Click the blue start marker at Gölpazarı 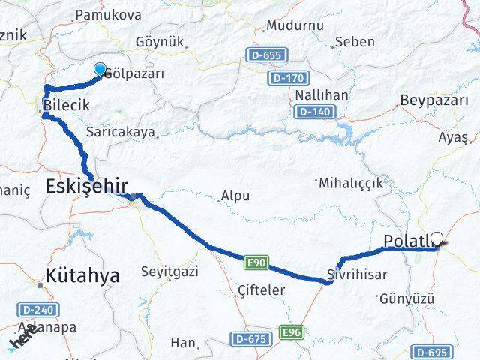(100, 70)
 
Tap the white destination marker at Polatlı (436, 240)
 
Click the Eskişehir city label (87, 187)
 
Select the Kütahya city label (82, 275)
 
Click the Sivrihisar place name (357, 274)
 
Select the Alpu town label (235, 197)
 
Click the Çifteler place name (260, 289)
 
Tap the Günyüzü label (407, 298)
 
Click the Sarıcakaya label (121, 132)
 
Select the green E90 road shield (253, 261)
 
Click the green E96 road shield (290, 331)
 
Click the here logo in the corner (22, 339)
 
